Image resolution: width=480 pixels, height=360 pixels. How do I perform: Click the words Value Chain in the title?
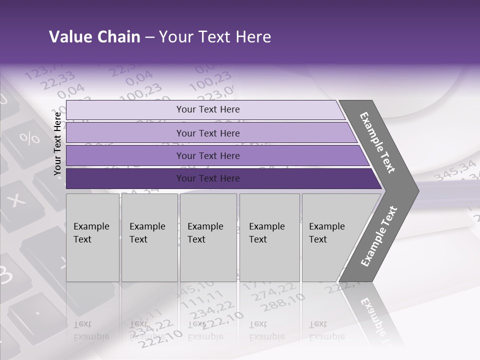(x=94, y=37)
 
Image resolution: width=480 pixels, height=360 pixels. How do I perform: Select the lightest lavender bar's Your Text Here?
(x=208, y=109)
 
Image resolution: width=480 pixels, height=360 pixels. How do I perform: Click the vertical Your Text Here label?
(x=57, y=143)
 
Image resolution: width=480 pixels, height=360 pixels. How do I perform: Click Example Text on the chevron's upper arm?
(x=378, y=142)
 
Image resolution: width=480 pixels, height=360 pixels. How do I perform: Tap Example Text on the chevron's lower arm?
(x=379, y=236)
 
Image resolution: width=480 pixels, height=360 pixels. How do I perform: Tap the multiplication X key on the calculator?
(x=17, y=200)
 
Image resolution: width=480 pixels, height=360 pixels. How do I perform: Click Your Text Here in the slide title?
(x=215, y=37)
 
